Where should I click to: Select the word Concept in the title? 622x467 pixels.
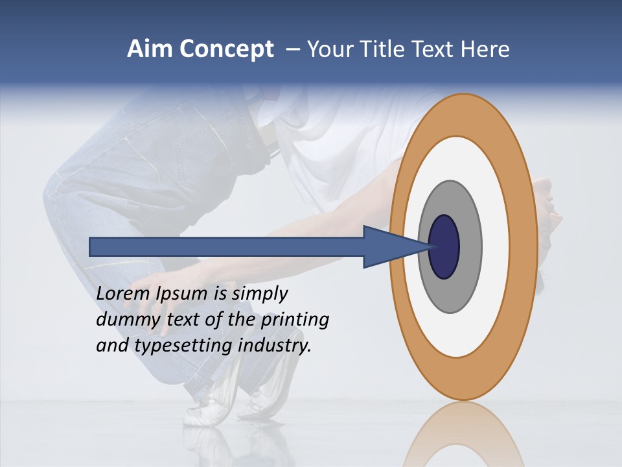click(224, 50)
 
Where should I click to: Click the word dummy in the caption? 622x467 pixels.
click(123, 320)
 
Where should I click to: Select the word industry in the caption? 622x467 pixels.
click(275, 345)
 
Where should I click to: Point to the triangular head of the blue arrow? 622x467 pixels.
click(389, 247)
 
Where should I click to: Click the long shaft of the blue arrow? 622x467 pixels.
click(227, 247)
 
